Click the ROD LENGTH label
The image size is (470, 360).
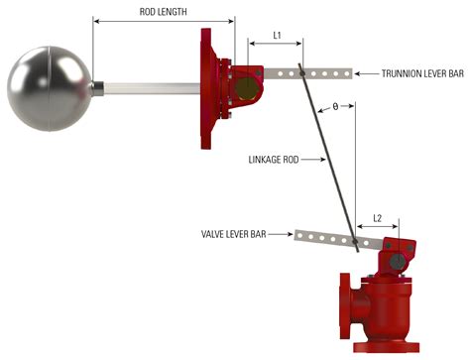pyautogui.click(x=163, y=12)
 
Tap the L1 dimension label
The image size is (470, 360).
pyautogui.click(x=277, y=35)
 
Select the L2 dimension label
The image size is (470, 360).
pyautogui.click(x=377, y=218)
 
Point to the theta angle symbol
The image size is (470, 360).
pyautogui.click(x=335, y=107)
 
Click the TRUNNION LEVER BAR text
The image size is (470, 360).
pyautogui.click(x=422, y=73)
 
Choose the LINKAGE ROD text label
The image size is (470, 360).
pyautogui.click(x=274, y=160)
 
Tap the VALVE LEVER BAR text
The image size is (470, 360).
pyautogui.click(x=233, y=234)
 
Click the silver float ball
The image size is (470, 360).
pyautogui.click(x=50, y=88)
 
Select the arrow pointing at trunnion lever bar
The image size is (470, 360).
pyautogui.click(x=366, y=73)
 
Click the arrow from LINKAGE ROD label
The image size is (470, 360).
pyautogui.click(x=313, y=160)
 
